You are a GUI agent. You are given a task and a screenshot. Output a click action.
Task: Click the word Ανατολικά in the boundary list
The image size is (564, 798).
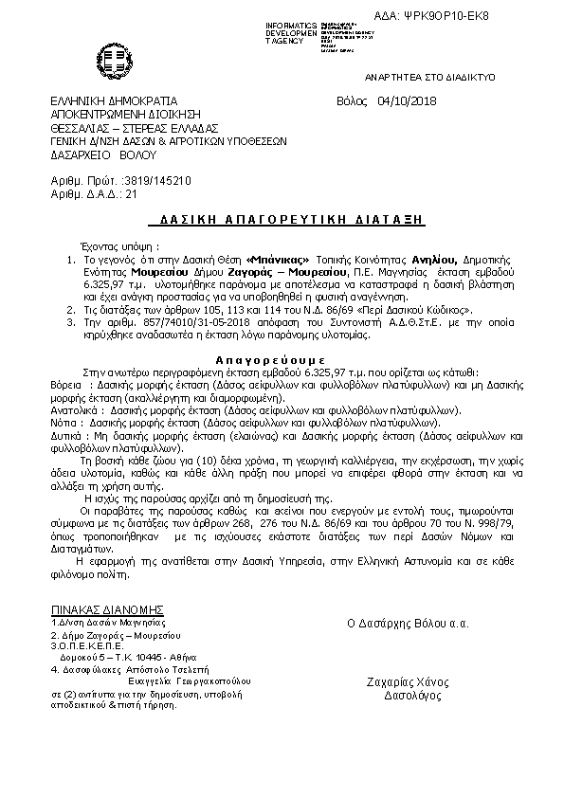[73, 410]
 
